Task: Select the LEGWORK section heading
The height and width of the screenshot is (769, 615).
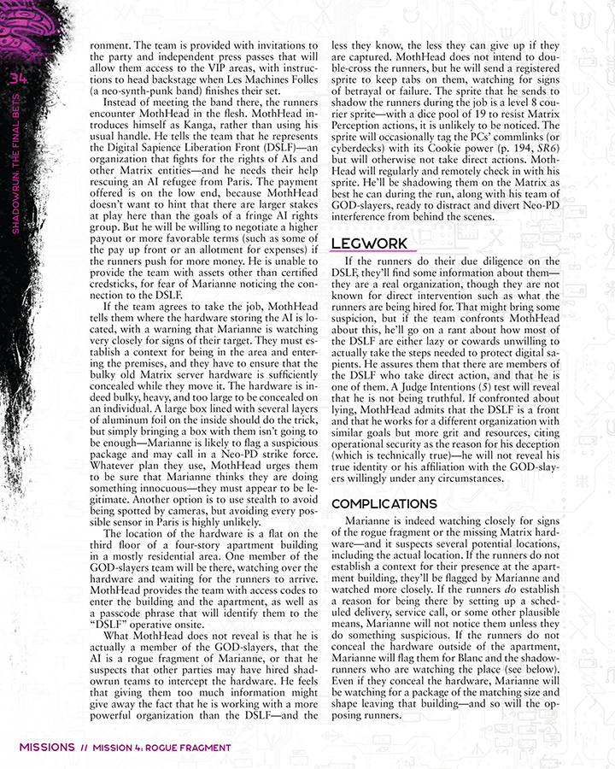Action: pyautogui.click(x=368, y=244)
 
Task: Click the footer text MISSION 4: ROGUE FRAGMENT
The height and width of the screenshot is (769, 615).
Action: pyautogui.click(x=162, y=748)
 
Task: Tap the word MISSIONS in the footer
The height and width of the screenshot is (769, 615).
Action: pyautogui.click(x=47, y=748)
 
